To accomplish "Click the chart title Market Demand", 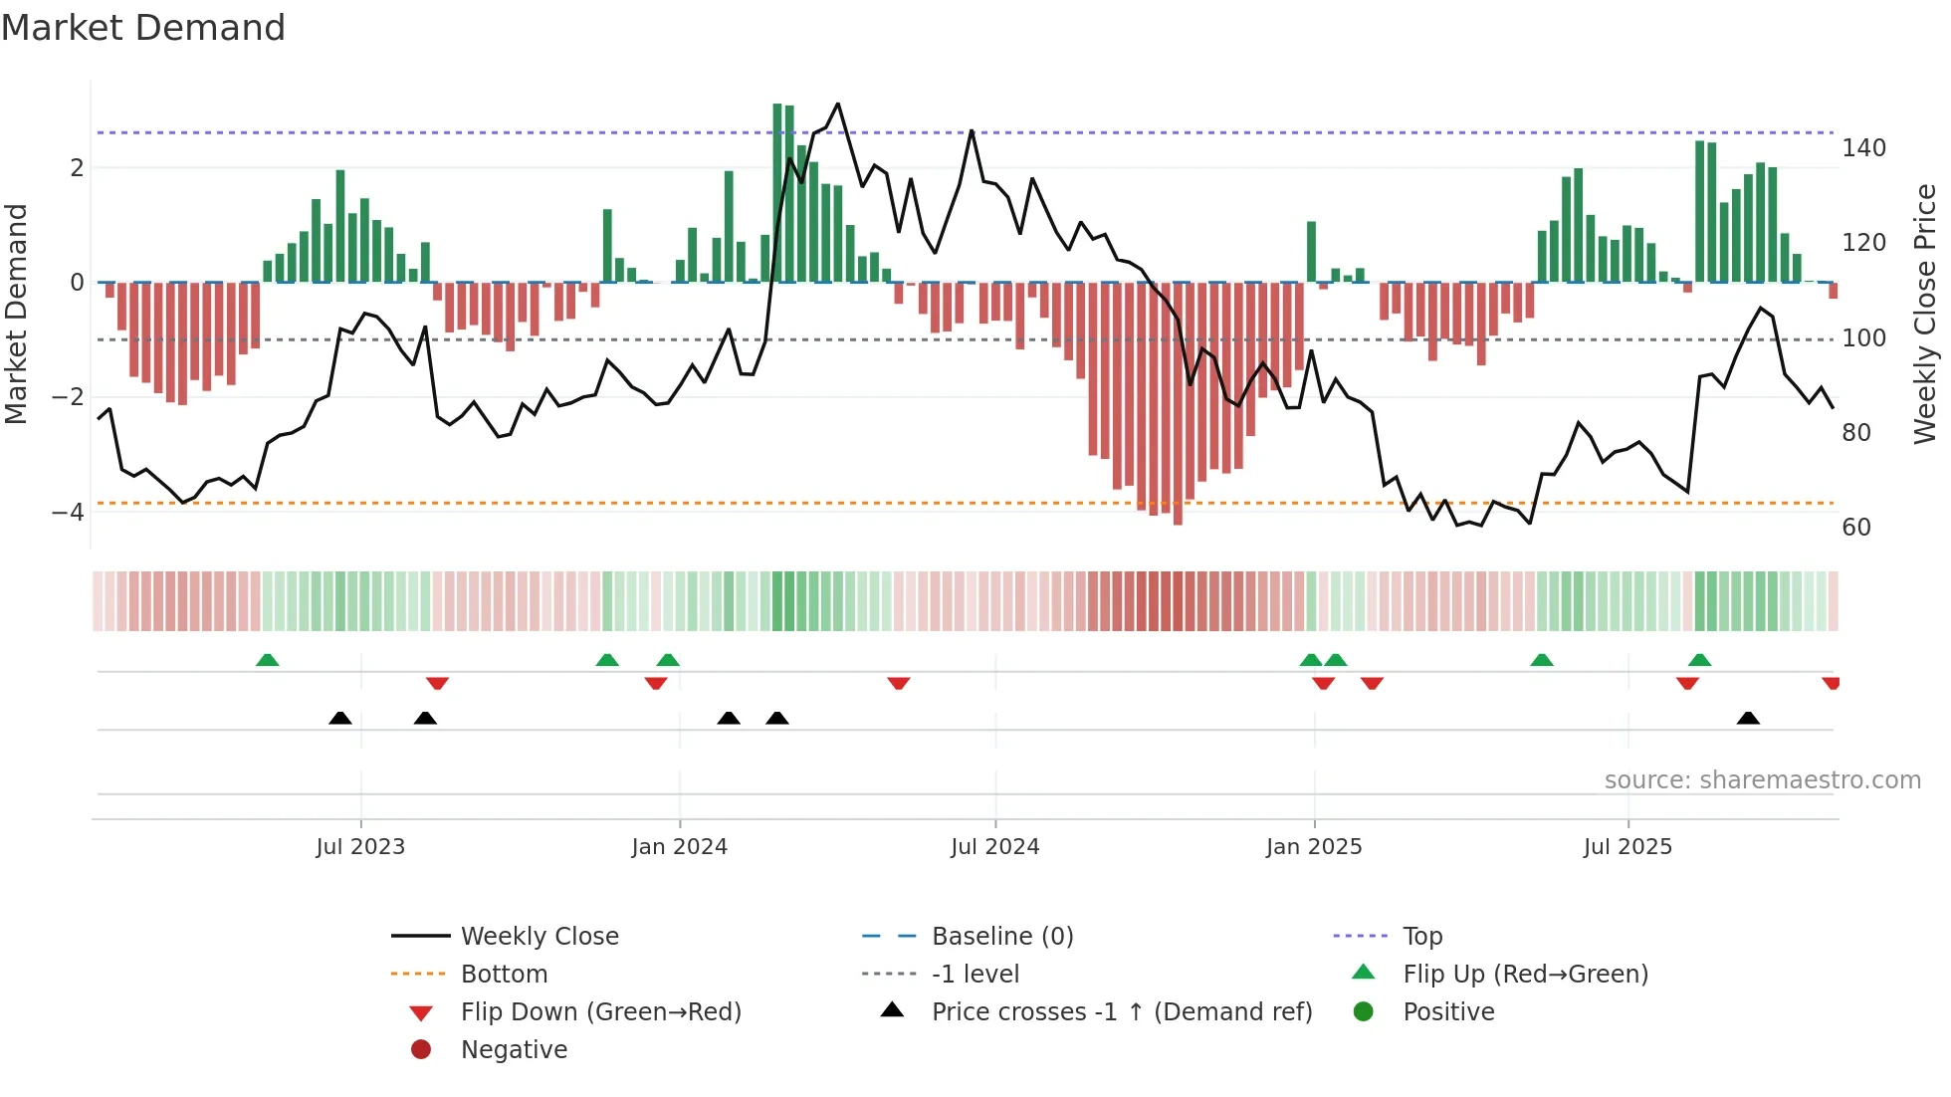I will pos(143,28).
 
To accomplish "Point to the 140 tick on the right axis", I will pos(1863,148).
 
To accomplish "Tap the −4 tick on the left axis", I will pos(68,513).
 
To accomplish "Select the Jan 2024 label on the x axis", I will pos(679,847).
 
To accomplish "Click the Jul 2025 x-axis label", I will pos(1627,847).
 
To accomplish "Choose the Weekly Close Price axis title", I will pos(1925,314).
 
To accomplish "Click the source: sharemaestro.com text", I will pos(1762,780).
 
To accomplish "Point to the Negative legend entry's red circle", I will pos(421,1050).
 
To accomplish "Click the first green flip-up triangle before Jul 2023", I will pos(267,660).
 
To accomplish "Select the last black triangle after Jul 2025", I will pos(1748,718).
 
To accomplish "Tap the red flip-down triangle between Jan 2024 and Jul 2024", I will pos(898,683).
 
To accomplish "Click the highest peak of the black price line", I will pos(838,104).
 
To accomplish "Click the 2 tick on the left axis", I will pos(77,168).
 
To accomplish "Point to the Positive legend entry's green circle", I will pos(1364,1012).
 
